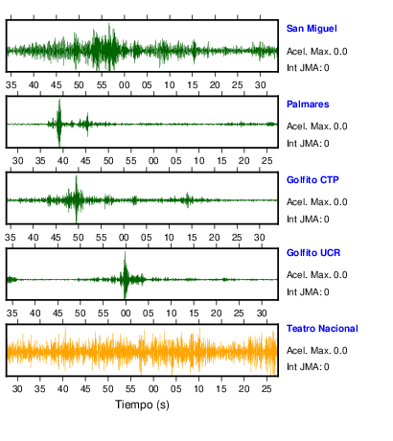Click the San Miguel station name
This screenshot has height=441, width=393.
click(x=312, y=29)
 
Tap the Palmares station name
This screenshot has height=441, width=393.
click(x=308, y=104)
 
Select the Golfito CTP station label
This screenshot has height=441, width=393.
click(x=312, y=180)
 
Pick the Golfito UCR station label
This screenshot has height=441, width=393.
click(x=313, y=253)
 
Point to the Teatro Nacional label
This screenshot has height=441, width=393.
click(x=322, y=329)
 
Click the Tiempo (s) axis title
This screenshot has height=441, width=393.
click(x=142, y=405)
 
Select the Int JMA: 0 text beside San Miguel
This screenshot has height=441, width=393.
click(x=308, y=68)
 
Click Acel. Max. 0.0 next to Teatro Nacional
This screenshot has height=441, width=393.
click(x=316, y=351)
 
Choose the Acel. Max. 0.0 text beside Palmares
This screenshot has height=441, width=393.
click(x=316, y=127)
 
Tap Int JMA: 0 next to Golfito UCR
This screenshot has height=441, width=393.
click(x=308, y=292)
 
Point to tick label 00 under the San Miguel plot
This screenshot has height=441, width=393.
click(x=125, y=85)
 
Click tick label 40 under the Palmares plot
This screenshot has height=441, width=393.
click(x=62, y=160)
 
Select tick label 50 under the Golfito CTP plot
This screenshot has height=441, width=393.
click(x=79, y=238)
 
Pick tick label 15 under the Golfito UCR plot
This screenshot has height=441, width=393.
click(x=194, y=313)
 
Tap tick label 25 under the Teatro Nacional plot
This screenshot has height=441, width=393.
click(x=266, y=389)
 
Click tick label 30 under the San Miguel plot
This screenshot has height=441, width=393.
click(x=261, y=85)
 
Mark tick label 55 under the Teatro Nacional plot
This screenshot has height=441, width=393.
click(x=130, y=389)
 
